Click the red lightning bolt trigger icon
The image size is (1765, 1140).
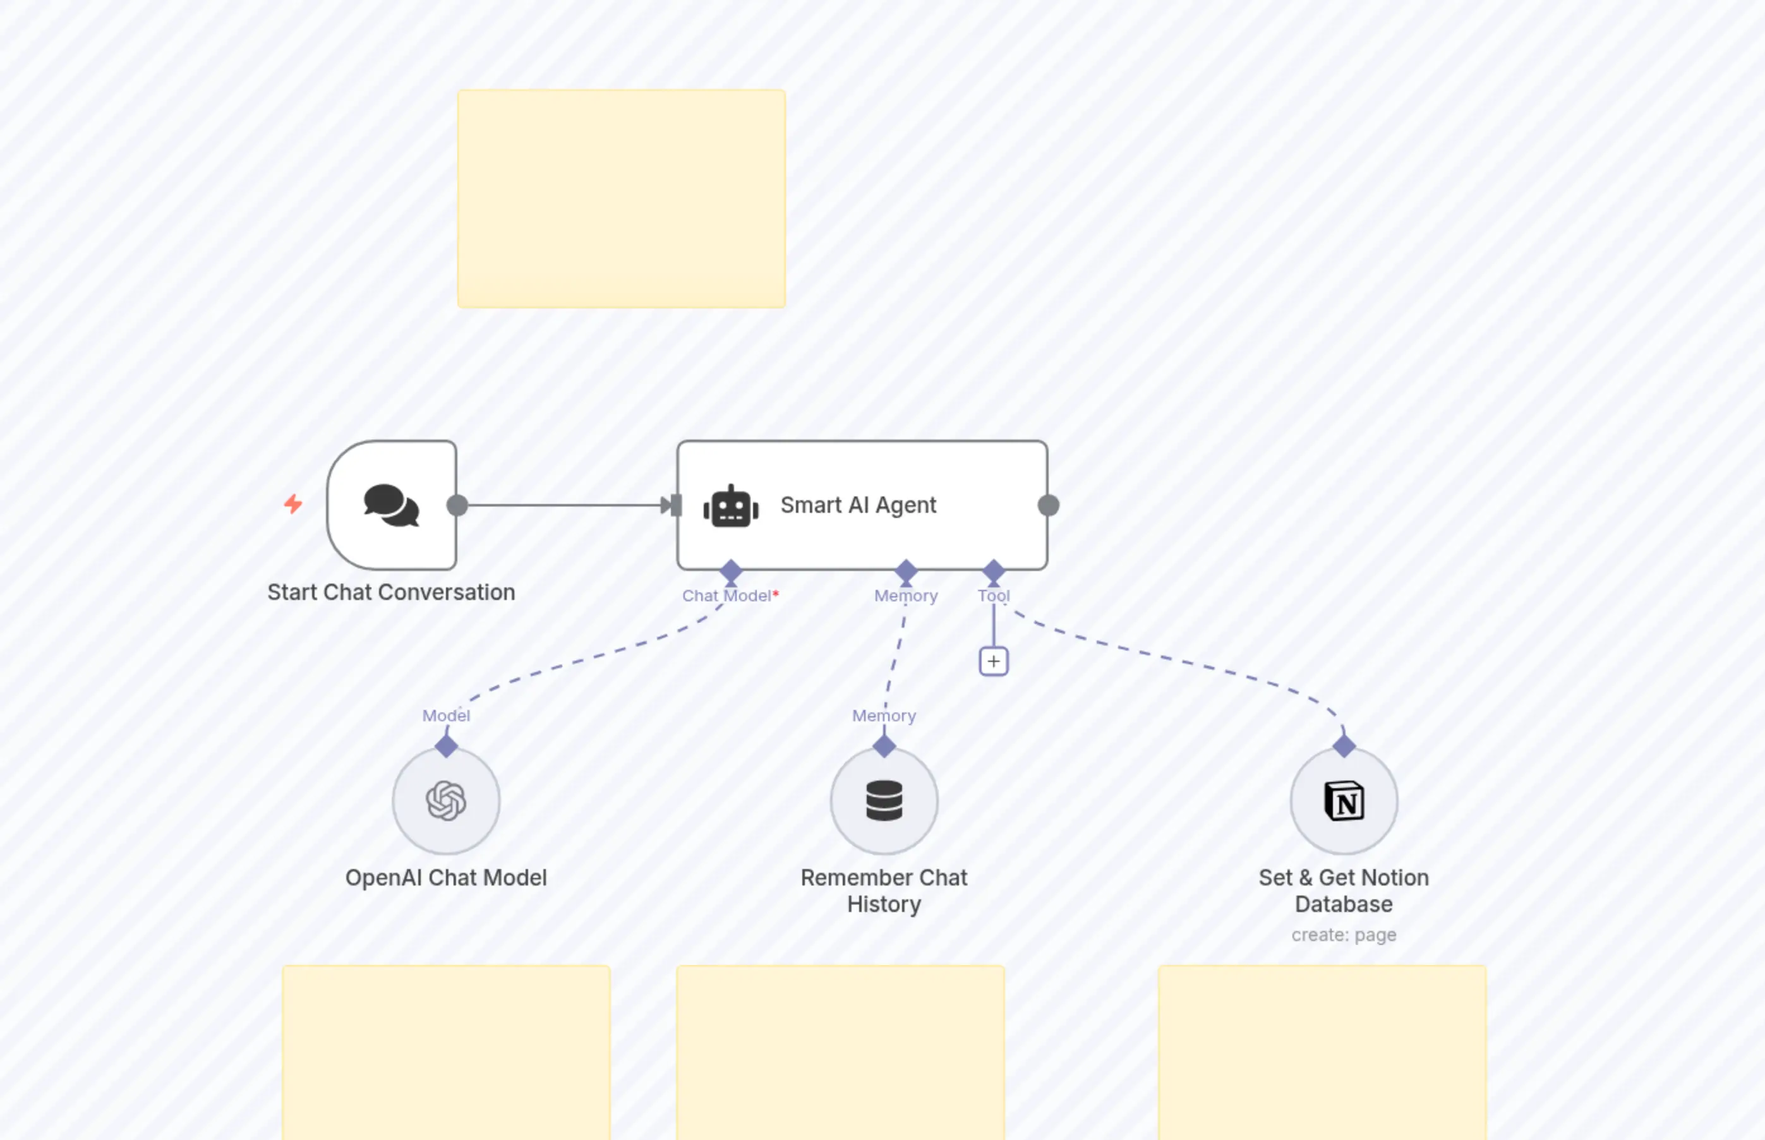pos(293,504)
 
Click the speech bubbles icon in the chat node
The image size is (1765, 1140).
pos(391,506)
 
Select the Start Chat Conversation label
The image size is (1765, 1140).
pos(391,592)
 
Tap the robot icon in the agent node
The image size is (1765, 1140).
pos(731,507)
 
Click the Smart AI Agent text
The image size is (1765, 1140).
pos(858,505)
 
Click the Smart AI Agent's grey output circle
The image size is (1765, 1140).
pos(1049,506)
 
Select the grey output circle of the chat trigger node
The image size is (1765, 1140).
pos(457,506)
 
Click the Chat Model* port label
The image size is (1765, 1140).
pos(729,596)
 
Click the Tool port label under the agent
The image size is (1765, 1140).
pos(994,596)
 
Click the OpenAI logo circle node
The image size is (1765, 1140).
pos(447,801)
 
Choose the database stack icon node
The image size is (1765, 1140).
pos(884,801)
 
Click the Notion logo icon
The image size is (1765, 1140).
pos(1344,801)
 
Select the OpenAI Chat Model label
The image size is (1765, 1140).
pos(446,878)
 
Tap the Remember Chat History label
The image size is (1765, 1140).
pos(884,891)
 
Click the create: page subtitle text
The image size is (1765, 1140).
pos(1344,935)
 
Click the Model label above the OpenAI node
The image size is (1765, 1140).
pos(446,716)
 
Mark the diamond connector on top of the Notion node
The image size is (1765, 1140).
pos(1344,745)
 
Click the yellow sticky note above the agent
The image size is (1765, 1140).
pos(621,198)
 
